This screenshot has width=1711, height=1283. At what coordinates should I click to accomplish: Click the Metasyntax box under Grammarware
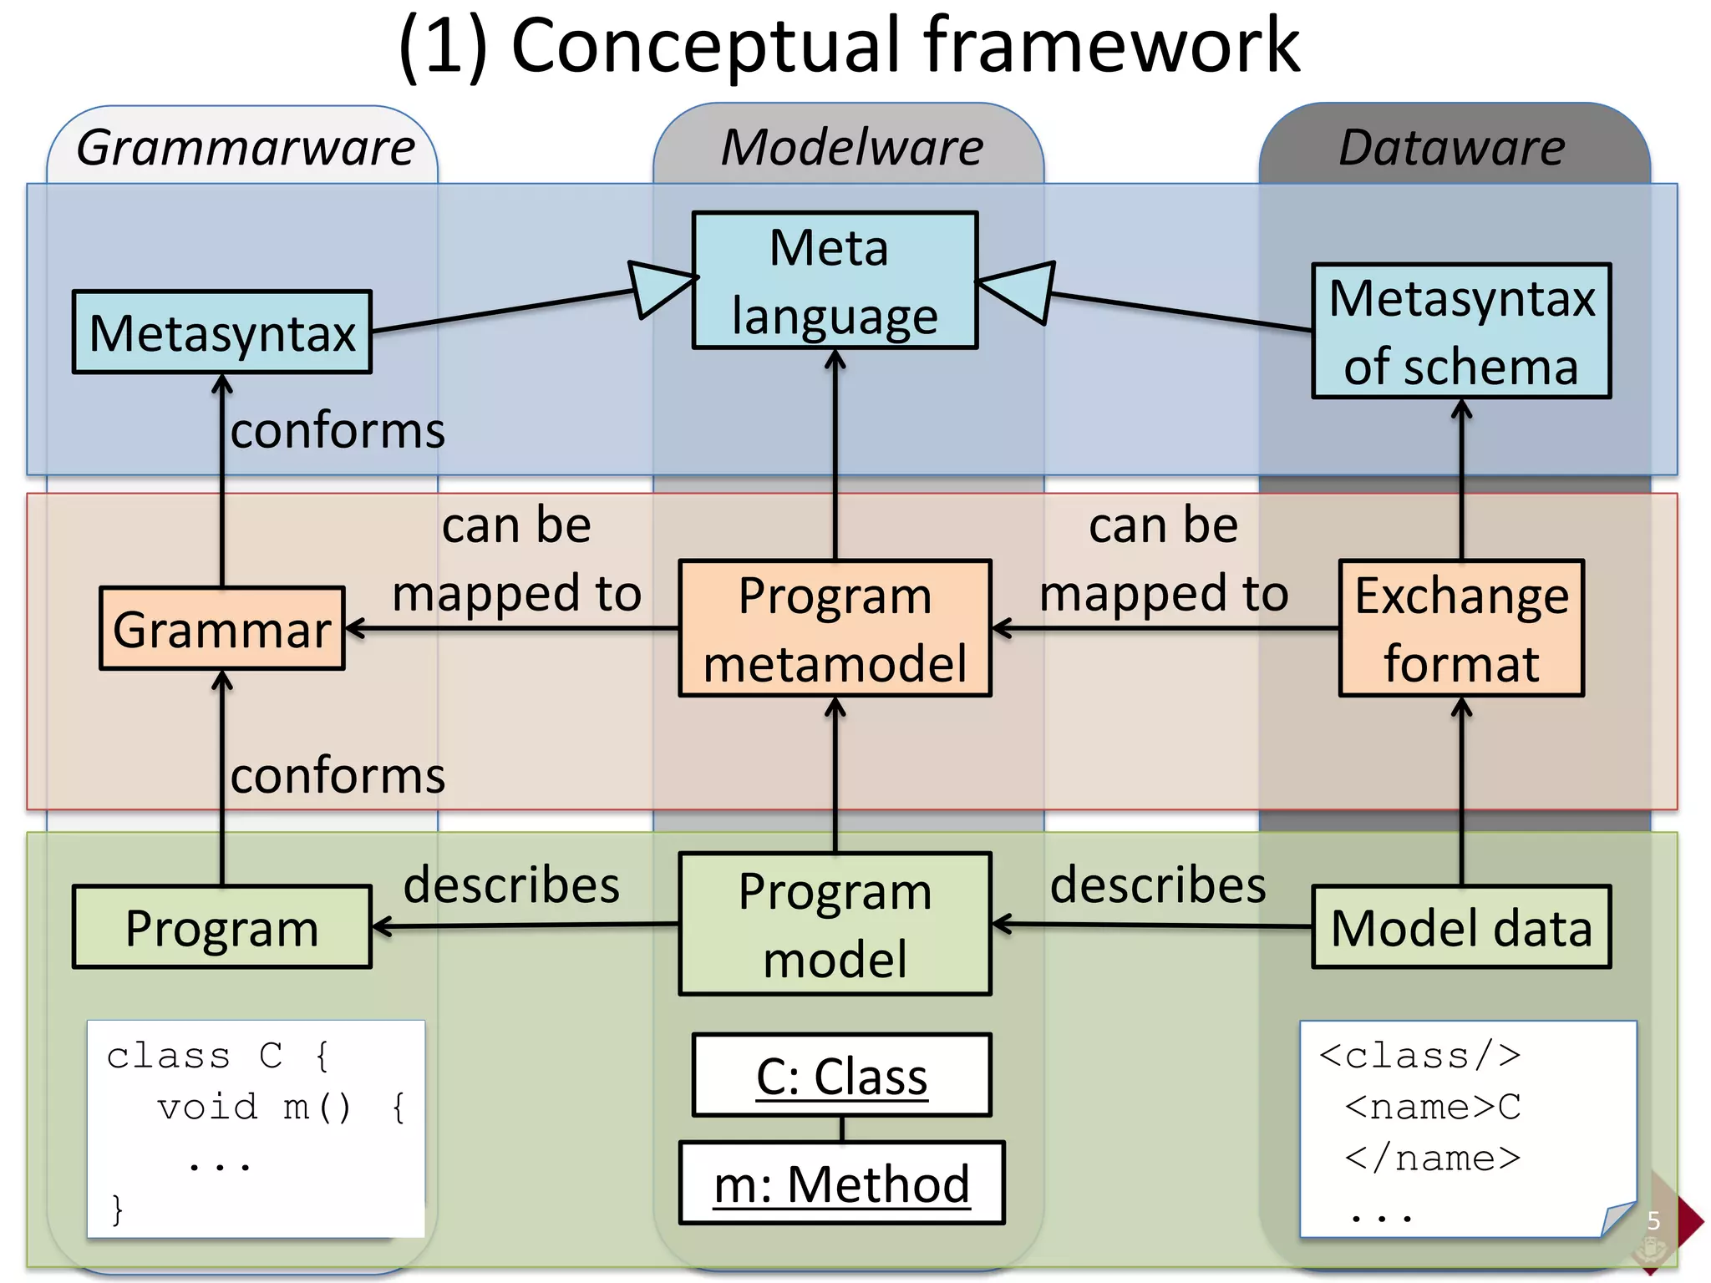222,332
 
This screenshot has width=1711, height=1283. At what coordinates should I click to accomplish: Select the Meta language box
835,281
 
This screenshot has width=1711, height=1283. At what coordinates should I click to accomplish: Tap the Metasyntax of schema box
1461,332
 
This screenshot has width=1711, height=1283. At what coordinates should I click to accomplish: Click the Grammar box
222,629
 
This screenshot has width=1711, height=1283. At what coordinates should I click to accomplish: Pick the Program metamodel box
835,629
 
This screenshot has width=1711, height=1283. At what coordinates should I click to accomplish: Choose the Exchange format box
1461,629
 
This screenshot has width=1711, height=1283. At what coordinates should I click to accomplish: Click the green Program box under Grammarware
222,927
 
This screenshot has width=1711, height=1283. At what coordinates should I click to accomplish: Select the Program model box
835,924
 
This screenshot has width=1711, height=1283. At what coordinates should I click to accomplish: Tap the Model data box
1461,927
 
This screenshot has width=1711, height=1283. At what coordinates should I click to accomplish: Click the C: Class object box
841,1076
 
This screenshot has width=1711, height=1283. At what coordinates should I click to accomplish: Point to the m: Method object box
841,1184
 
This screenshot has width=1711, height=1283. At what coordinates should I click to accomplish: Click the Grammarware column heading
246,147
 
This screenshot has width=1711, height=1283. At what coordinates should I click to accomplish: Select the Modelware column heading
852,147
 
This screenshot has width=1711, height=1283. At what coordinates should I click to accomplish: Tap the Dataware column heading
1452,147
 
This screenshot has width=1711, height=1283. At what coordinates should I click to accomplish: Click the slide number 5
1653,1221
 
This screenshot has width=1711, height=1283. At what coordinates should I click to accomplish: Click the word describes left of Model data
1158,885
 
